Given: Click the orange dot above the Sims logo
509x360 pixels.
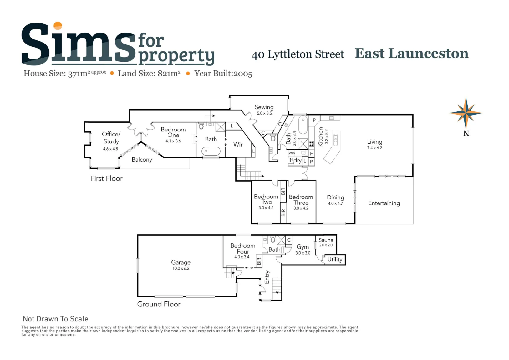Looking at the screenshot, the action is (x=58, y=26).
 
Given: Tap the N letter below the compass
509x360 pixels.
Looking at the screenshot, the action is (x=466, y=133).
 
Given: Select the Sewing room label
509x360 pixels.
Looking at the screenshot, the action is (x=264, y=107).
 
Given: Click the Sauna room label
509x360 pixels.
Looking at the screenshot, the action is (x=326, y=240).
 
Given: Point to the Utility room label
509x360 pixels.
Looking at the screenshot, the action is (x=335, y=260).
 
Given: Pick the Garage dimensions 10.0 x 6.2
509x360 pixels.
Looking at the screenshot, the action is (x=181, y=268).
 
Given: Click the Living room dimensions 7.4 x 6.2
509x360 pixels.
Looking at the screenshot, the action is (x=374, y=148).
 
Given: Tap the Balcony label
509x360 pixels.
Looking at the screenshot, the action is (x=142, y=160).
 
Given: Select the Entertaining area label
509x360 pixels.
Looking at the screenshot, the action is (x=384, y=203).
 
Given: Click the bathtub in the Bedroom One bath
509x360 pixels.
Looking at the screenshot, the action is (x=211, y=151).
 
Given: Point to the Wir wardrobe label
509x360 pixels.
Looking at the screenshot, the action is (x=238, y=144).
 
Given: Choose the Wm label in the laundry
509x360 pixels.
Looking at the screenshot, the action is (x=292, y=153).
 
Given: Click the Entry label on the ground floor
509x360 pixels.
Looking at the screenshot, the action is (x=267, y=277).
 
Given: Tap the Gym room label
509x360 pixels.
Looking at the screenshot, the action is (x=303, y=247).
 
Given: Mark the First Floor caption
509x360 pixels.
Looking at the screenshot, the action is (x=106, y=178).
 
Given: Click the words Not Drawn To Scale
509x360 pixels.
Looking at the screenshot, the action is (x=56, y=319).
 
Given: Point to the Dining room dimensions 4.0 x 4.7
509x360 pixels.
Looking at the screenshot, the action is (x=335, y=203).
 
